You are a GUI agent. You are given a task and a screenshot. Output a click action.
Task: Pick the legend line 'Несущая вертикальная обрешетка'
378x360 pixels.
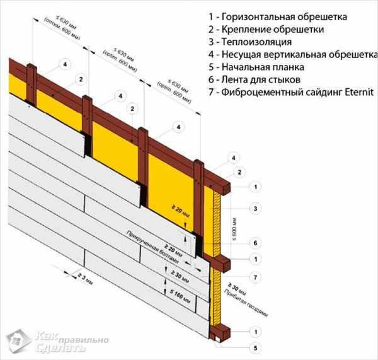[297, 54]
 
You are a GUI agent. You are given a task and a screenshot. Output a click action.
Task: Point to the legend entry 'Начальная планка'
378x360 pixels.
[265, 67]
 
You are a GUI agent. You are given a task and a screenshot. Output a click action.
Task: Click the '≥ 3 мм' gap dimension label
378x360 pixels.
[83, 275]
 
